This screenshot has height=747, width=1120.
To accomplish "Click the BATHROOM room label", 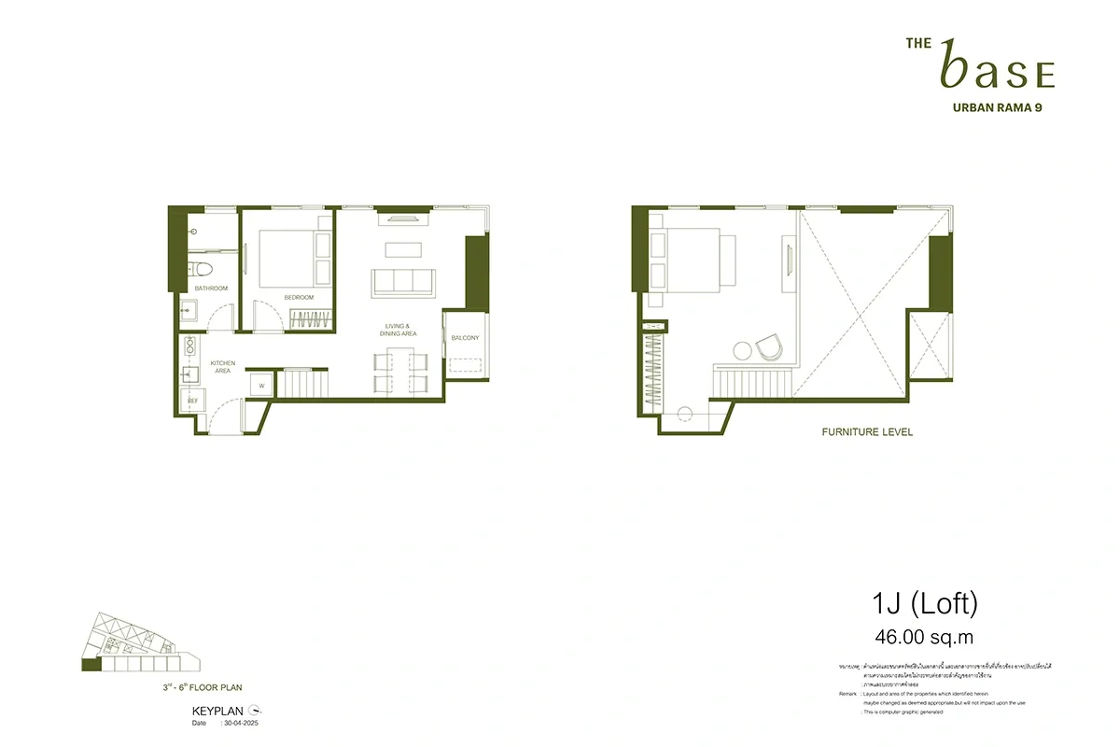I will point(211,289).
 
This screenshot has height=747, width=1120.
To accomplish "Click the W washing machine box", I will point(260,385).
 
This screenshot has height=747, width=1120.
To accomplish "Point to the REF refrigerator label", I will point(193,401).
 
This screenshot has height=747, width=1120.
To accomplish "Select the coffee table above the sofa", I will point(402,249).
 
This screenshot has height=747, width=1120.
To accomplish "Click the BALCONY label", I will point(465,338).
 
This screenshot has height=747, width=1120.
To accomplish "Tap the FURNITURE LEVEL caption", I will point(867,432).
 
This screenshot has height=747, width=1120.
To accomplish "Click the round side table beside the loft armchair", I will point(743,351).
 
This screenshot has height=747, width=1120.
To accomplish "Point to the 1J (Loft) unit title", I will point(920,605).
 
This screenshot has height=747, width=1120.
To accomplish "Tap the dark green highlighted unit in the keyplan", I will point(91,665).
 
